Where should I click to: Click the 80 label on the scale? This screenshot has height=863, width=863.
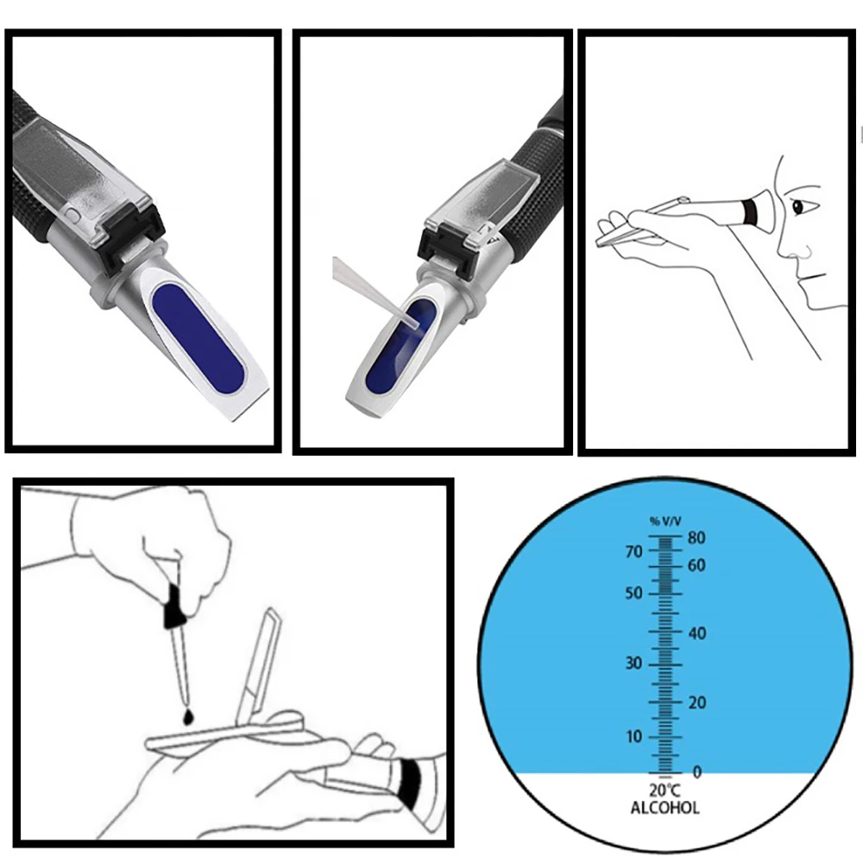(696, 538)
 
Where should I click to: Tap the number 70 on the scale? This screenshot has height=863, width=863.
(634, 551)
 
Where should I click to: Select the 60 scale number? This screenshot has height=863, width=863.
(696, 566)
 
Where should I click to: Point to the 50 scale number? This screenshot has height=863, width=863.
(634, 594)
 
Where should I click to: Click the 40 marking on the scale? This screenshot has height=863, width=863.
(696, 633)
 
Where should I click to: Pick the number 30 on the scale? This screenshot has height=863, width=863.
(634, 663)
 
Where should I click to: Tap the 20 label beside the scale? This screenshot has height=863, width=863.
(696, 702)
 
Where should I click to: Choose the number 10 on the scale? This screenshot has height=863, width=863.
(634, 736)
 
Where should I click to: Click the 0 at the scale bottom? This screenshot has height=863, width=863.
(696, 772)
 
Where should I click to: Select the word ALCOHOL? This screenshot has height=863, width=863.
(665, 808)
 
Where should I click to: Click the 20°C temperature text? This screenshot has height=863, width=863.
(665, 791)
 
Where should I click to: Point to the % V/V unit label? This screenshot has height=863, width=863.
(665, 521)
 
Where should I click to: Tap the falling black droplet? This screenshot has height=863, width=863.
(188, 716)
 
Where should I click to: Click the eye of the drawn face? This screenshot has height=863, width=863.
(797, 207)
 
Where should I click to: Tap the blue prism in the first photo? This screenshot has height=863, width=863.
(198, 338)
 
